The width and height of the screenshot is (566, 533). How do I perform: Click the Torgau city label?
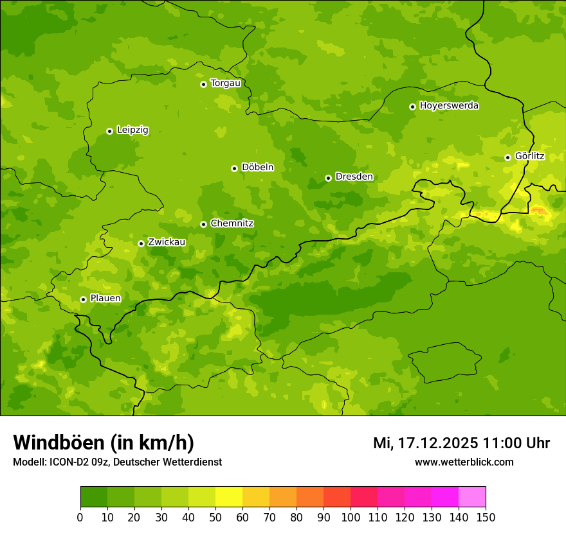(x=225, y=83)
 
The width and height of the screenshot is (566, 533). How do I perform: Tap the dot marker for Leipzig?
(x=109, y=131)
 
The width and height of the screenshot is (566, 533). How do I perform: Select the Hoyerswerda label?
(x=449, y=106)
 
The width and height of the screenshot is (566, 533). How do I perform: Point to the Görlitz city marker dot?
(x=507, y=157)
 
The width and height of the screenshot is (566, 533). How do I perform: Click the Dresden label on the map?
(x=354, y=177)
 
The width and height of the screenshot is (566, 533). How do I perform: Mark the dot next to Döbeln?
(x=234, y=168)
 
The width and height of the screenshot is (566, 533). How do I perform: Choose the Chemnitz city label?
(x=232, y=223)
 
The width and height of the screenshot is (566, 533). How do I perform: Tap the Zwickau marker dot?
(x=141, y=243)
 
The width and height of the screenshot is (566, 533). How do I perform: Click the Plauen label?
(x=105, y=299)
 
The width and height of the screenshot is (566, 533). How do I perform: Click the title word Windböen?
(x=58, y=443)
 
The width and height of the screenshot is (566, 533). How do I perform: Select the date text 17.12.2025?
(x=437, y=443)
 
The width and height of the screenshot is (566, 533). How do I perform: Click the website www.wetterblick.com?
(x=464, y=462)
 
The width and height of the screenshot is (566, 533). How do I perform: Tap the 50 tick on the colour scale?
(x=215, y=517)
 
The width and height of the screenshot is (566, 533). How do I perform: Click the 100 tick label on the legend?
(x=351, y=517)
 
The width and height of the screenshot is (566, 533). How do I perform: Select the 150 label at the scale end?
(x=486, y=517)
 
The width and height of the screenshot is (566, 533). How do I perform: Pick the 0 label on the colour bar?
(x=80, y=517)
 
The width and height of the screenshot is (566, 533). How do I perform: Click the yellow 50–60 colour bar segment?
(x=229, y=497)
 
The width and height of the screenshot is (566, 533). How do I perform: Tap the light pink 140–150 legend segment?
(x=472, y=497)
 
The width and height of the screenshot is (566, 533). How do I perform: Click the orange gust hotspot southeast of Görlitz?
(x=539, y=211)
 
